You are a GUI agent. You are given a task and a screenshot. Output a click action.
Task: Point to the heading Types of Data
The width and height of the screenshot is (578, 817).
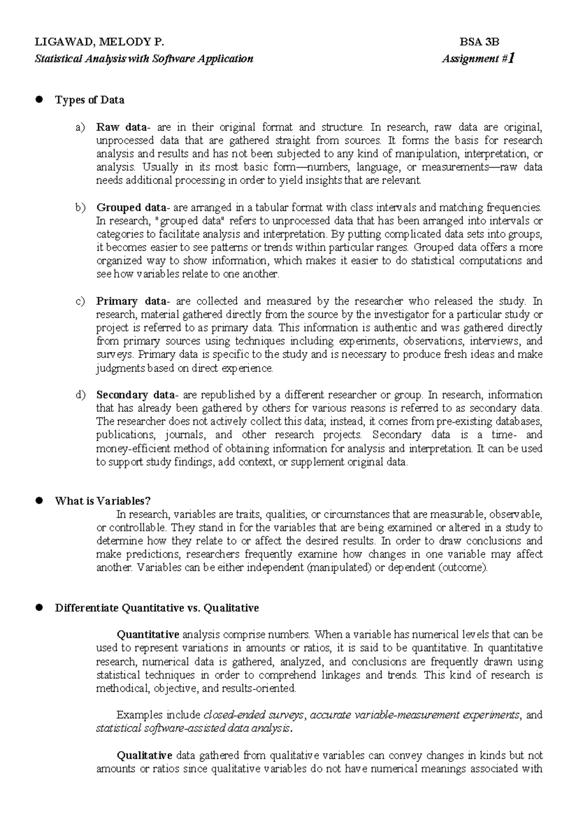[90, 100]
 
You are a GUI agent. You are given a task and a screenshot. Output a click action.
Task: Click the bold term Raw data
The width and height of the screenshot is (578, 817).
[121, 127]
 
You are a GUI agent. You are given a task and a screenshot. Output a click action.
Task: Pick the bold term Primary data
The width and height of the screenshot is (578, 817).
[130, 301]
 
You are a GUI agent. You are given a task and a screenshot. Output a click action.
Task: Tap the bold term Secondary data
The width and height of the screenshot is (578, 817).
[136, 395]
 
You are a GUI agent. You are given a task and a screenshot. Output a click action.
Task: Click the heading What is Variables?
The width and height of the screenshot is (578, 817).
[103, 501]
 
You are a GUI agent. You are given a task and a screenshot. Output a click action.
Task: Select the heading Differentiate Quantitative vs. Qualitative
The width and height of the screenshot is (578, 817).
[157, 608]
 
